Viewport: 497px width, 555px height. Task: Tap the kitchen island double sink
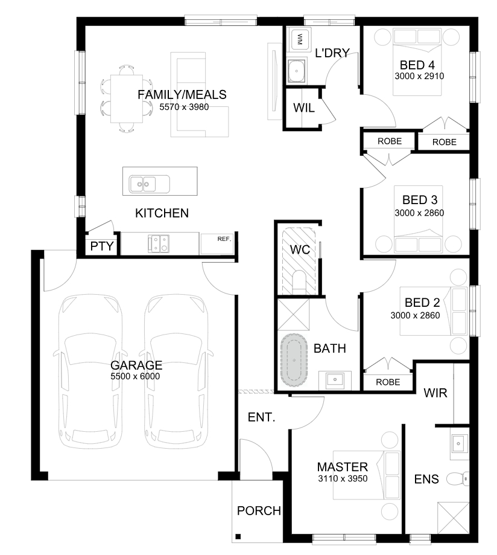pos(149,184)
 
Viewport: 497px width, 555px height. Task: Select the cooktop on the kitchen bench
pos(159,244)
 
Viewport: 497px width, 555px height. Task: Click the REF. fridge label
pos(224,239)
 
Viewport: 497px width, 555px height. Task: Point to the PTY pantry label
pos(102,246)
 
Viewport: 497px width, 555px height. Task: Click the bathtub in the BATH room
pos(294,360)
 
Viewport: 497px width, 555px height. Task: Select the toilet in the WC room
pos(299,282)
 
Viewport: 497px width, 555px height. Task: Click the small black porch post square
pos(238,537)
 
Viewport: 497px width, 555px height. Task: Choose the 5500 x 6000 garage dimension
pos(135,376)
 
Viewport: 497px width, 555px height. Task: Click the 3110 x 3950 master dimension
pos(343,478)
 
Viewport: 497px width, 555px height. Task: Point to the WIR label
pos(435,393)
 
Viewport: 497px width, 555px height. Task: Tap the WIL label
pos(304,108)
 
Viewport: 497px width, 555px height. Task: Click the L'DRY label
pos(332,53)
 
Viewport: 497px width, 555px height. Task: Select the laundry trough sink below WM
pos(297,71)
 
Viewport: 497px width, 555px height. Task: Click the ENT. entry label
pos(262,417)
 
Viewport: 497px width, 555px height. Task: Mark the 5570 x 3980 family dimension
pos(184,107)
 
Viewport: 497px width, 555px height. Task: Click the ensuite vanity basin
pos(458,443)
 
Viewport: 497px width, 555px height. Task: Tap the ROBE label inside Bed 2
pos(388,382)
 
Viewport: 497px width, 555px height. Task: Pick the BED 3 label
pos(420,200)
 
